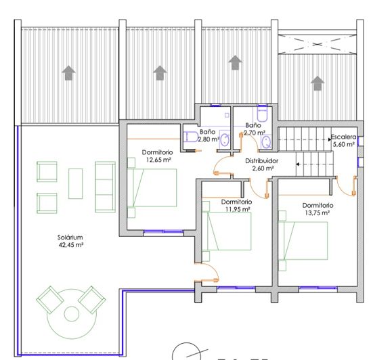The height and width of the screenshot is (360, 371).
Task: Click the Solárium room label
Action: (70, 238)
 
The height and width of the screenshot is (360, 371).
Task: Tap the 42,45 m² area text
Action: (70, 245)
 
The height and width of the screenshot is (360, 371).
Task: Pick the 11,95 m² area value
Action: (236, 209)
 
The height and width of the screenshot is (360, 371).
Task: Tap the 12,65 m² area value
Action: (157, 160)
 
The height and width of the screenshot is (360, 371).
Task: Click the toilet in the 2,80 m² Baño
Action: (192, 137)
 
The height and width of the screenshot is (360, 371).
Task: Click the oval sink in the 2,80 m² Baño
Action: (225, 140)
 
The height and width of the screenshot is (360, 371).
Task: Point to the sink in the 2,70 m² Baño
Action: (266, 142)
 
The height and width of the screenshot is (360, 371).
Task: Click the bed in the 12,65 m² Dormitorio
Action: (154, 187)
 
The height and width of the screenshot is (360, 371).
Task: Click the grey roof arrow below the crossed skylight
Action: (316, 83)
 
